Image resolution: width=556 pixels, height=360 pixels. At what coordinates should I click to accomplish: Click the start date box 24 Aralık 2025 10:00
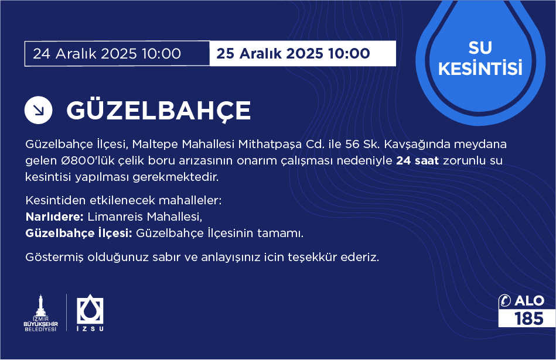point(117,53)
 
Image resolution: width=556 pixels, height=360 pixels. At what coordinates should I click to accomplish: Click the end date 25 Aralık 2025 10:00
point(294,53)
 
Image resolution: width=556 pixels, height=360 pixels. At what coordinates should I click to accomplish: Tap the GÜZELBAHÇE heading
point(159,111)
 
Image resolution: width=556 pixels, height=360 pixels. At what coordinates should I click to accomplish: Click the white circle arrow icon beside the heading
point(38,110)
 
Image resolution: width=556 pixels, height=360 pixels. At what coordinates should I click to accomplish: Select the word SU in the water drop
point(480,47)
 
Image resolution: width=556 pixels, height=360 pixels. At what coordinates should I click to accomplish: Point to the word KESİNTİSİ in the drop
point(480,68)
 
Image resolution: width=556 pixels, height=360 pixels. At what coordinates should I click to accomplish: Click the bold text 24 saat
point(417,160)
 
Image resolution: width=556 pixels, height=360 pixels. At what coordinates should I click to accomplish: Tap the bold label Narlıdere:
point(54,217)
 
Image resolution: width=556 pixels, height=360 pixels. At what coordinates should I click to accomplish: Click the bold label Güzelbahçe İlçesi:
point(79,233)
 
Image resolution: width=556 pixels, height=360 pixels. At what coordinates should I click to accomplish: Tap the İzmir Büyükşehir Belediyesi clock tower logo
point(40,313)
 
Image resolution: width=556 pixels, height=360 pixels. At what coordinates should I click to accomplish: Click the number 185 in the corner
point(529,318)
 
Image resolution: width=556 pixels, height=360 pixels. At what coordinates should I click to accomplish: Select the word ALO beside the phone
point(530,301)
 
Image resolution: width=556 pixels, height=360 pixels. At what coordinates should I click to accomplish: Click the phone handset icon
point(504,300)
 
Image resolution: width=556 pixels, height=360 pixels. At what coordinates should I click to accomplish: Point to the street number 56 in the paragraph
point(353,144)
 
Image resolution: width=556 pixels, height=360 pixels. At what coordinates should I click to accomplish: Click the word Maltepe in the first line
point(155,144)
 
